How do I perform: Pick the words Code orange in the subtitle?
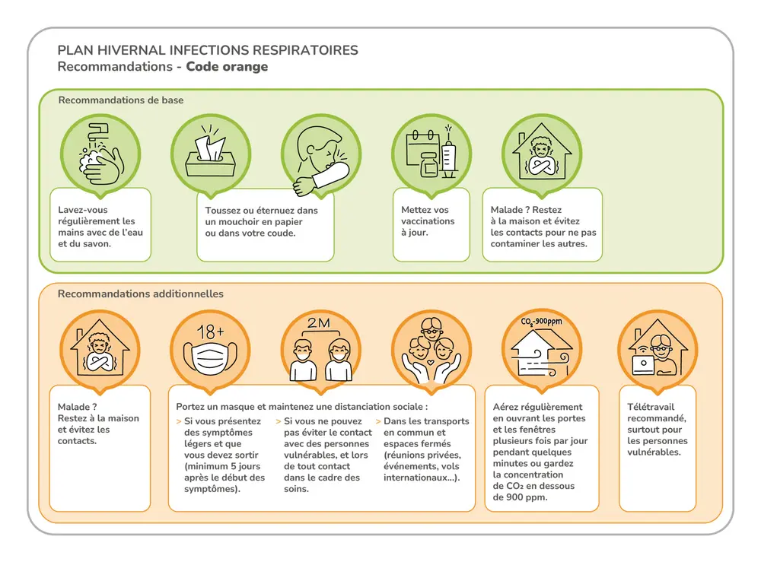pos(227,67)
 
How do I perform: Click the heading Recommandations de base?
pos(121,100)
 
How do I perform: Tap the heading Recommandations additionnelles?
pos(141,294)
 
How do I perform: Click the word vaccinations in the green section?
pos(428,221)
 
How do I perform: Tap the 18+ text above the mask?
pos(210,331)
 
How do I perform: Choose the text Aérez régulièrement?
pos(537,407)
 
